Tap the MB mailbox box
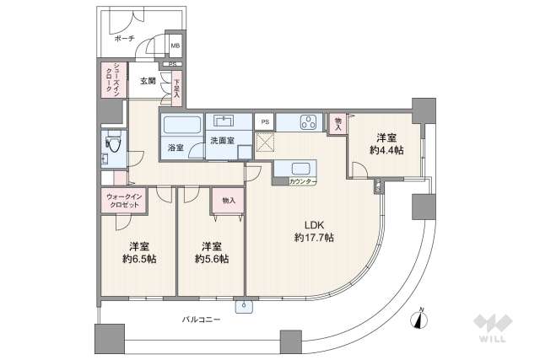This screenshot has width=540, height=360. pyautogui.click(x=175, y=46)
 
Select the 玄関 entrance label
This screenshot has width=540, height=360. pyautogui.click(x=148, y=82)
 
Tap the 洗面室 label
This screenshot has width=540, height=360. pyautogui.click(x=222, y=140)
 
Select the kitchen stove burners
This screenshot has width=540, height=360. pyautogui.click(x=308, y=122)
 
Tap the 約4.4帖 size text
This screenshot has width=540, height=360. pyautogui.click(x=386, y=150)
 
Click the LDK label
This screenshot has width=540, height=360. pyautogui.click(x=314, y=224)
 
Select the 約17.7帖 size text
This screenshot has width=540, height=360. pyautogui.click(x=314, y=238)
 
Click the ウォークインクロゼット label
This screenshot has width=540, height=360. pyautogui.click(x=125, y=201)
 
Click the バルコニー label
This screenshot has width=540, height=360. pyautogui.click(x=201, y=320)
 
